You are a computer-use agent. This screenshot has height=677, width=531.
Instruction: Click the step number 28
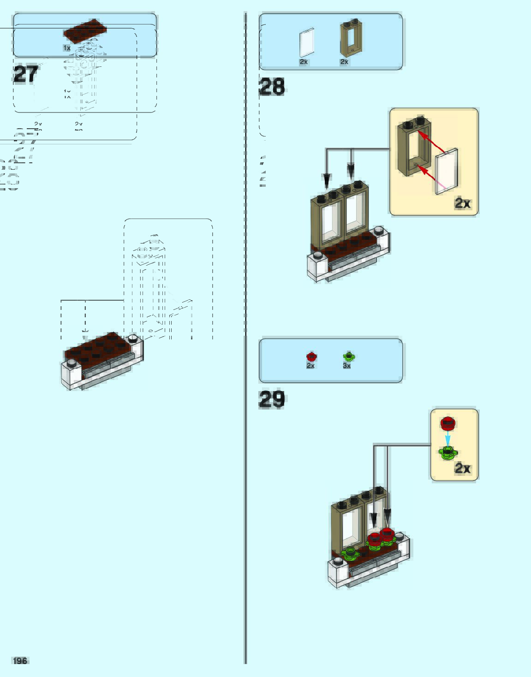point(272,87)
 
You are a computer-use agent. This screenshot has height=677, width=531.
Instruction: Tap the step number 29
point(272,399)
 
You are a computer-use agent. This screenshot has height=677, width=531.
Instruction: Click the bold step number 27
point(26,74)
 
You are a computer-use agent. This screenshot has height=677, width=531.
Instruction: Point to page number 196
point(20,660)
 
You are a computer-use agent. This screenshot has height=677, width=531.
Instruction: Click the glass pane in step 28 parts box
point(306,43)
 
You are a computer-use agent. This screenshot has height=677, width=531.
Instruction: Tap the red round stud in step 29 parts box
point(311,356)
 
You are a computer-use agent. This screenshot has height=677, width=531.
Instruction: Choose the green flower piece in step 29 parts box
point(349,356)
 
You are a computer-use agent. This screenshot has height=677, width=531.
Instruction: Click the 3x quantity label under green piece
point(347,366)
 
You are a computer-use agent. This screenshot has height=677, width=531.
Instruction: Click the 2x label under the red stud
point(310,366)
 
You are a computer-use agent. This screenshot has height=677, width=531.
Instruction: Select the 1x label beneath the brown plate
point(67,48)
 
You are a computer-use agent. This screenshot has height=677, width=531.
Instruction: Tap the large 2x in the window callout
point(462,203)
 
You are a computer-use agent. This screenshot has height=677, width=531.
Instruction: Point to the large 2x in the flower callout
point(462,468)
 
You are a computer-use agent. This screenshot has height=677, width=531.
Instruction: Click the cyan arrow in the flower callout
point(447,438)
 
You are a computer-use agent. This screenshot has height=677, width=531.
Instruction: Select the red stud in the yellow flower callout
point(447,423)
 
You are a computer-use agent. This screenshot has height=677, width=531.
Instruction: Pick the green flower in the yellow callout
point(447,453)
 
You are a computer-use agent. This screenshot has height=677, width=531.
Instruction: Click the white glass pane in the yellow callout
point(446,171)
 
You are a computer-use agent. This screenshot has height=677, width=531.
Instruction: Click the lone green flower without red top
point(350,552)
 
